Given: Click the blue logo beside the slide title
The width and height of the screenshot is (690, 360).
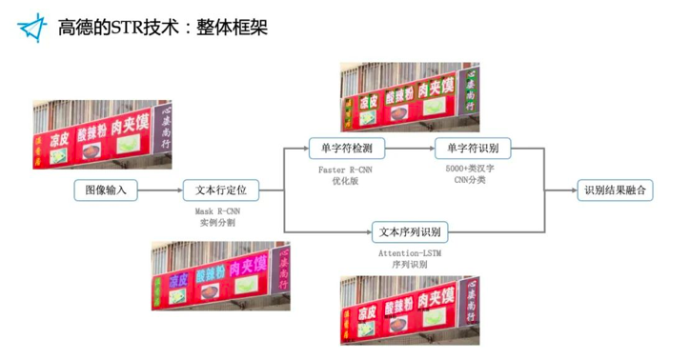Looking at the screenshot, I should tap(34, 28).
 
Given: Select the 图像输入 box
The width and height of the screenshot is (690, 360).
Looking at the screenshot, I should tap(106, 190).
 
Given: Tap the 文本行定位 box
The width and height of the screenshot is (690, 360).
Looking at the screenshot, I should tap(220, 190).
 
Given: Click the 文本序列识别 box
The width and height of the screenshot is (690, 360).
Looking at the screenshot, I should tap(411, 231).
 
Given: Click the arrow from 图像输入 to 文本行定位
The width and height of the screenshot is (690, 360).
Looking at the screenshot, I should tap(159, 190).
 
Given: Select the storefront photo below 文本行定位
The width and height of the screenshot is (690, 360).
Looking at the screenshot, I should tap(220, 276).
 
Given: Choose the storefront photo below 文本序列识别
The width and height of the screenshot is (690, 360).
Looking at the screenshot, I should tap(411, 308).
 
